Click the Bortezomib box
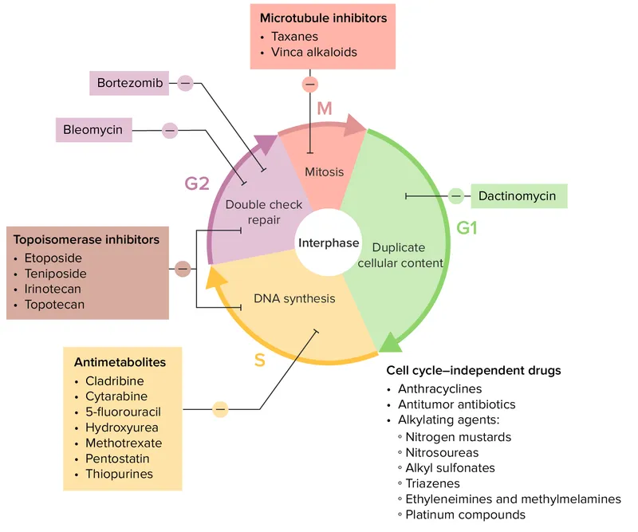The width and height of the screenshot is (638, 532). [128, 82]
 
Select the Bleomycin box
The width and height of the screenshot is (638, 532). [93, 129]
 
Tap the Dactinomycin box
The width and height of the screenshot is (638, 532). [518, 195]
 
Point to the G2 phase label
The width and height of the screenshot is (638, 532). [197, 184]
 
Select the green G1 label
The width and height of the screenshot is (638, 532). [467, 228]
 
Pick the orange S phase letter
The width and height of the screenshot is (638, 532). [259, 360]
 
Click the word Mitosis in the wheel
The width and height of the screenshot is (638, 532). [325, 171]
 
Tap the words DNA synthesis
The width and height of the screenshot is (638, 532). [294, 299]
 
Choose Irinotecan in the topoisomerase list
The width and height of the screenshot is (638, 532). [53, 289]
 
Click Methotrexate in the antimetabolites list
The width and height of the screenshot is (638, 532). [124, 443]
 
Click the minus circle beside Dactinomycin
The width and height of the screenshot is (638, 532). [455, 195]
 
